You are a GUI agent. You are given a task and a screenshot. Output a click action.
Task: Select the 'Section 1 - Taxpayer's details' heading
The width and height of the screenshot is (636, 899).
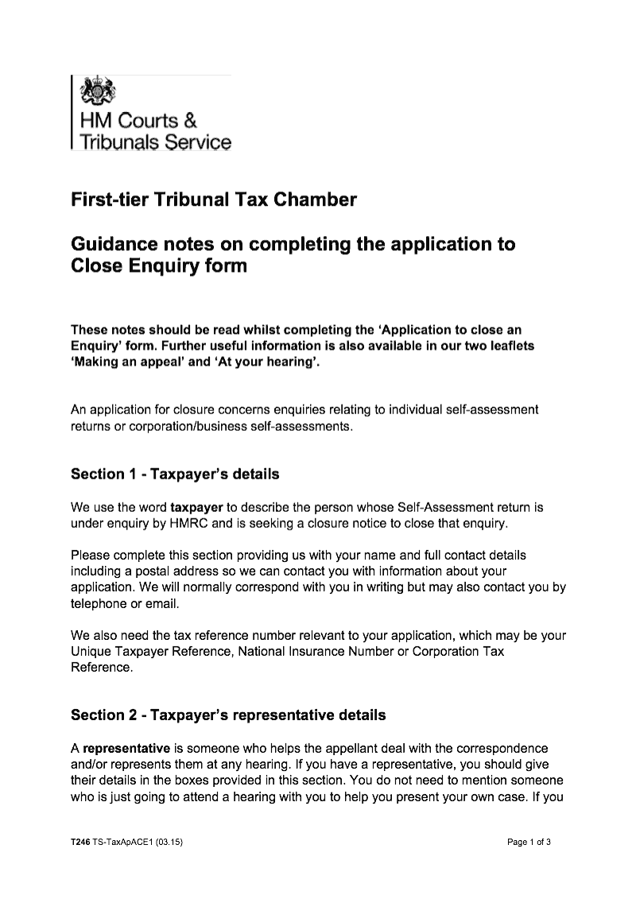pos(175,475)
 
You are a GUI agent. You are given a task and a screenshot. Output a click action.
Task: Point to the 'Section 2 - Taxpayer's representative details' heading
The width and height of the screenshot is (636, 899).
pos(228,715)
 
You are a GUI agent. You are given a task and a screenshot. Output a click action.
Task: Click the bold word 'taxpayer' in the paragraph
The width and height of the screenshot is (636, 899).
pos(196,506)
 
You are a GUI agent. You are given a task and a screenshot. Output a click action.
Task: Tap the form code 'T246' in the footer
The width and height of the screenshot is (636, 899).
pos(80,842)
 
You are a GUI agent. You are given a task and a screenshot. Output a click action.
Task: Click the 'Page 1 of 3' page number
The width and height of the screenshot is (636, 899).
pos(529,842)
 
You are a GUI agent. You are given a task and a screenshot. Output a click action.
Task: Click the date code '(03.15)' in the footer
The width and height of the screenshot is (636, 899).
pos(170,842)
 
